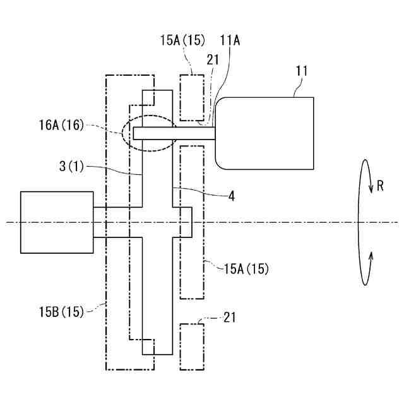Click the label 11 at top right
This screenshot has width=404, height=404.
tap(302, 71)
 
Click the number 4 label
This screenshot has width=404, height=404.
tap(232, 196)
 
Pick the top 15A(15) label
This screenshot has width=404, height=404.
tap(182, 40)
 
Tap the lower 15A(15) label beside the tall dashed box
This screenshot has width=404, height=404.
tap(247, 269)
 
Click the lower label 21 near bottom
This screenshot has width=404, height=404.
tap(229, 318)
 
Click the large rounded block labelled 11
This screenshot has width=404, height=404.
tap(265, 133)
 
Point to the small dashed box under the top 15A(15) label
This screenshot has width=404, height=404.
tap(191, 97)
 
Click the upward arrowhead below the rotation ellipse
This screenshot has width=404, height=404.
tap(371, 254)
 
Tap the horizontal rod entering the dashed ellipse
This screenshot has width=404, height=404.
tap(174, 133)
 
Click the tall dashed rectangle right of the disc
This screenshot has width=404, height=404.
tap(192, 222)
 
